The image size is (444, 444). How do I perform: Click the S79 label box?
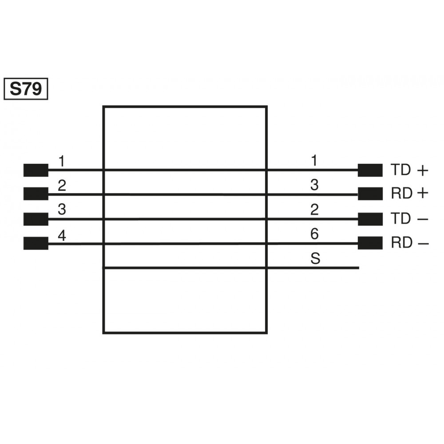(26, 89)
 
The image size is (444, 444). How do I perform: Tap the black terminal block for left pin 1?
(36, 170)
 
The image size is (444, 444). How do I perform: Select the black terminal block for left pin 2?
(36, 194)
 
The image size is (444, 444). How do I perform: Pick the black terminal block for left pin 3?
(36, 218)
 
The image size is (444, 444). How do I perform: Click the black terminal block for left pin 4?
(36, 243)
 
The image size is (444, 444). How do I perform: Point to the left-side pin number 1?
(62, 161)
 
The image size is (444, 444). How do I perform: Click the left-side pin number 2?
(62, 185)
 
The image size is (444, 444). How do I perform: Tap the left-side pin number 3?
(62, 210)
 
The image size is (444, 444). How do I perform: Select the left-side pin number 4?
(62, 235)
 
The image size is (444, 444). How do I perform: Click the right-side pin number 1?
(314, 161)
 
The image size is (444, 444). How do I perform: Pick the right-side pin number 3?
(314, 185)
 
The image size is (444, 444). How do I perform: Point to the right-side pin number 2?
(314, 210)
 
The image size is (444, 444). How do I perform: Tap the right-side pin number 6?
(314, 234)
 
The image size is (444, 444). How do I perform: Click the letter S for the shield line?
(315, 259)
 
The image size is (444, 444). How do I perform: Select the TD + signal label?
(410, 170)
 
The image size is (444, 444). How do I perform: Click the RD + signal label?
(410, 194)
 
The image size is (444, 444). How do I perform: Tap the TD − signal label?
(410, 218)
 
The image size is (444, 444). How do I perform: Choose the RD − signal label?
(410, 243)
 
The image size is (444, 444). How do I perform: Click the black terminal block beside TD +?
(370, 170)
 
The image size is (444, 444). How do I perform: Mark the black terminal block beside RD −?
(370, 243)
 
